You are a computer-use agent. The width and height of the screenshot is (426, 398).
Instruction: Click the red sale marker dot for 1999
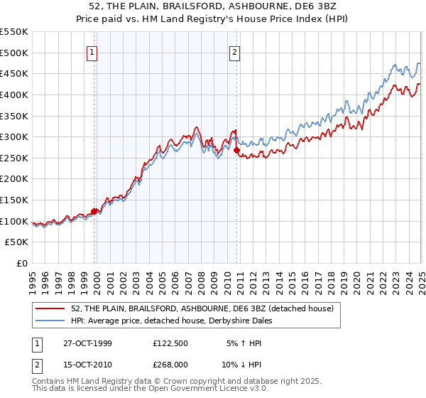point(94,211)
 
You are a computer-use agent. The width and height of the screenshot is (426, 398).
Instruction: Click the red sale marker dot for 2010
point(236,150)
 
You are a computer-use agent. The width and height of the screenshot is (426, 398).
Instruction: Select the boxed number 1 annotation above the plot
point(92,51)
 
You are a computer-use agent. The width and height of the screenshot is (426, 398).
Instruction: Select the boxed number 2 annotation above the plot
point(234,51)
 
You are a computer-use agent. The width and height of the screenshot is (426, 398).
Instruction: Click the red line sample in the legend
point(51,308)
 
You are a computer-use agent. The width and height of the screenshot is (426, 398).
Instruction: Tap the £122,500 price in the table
point(170,343)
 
